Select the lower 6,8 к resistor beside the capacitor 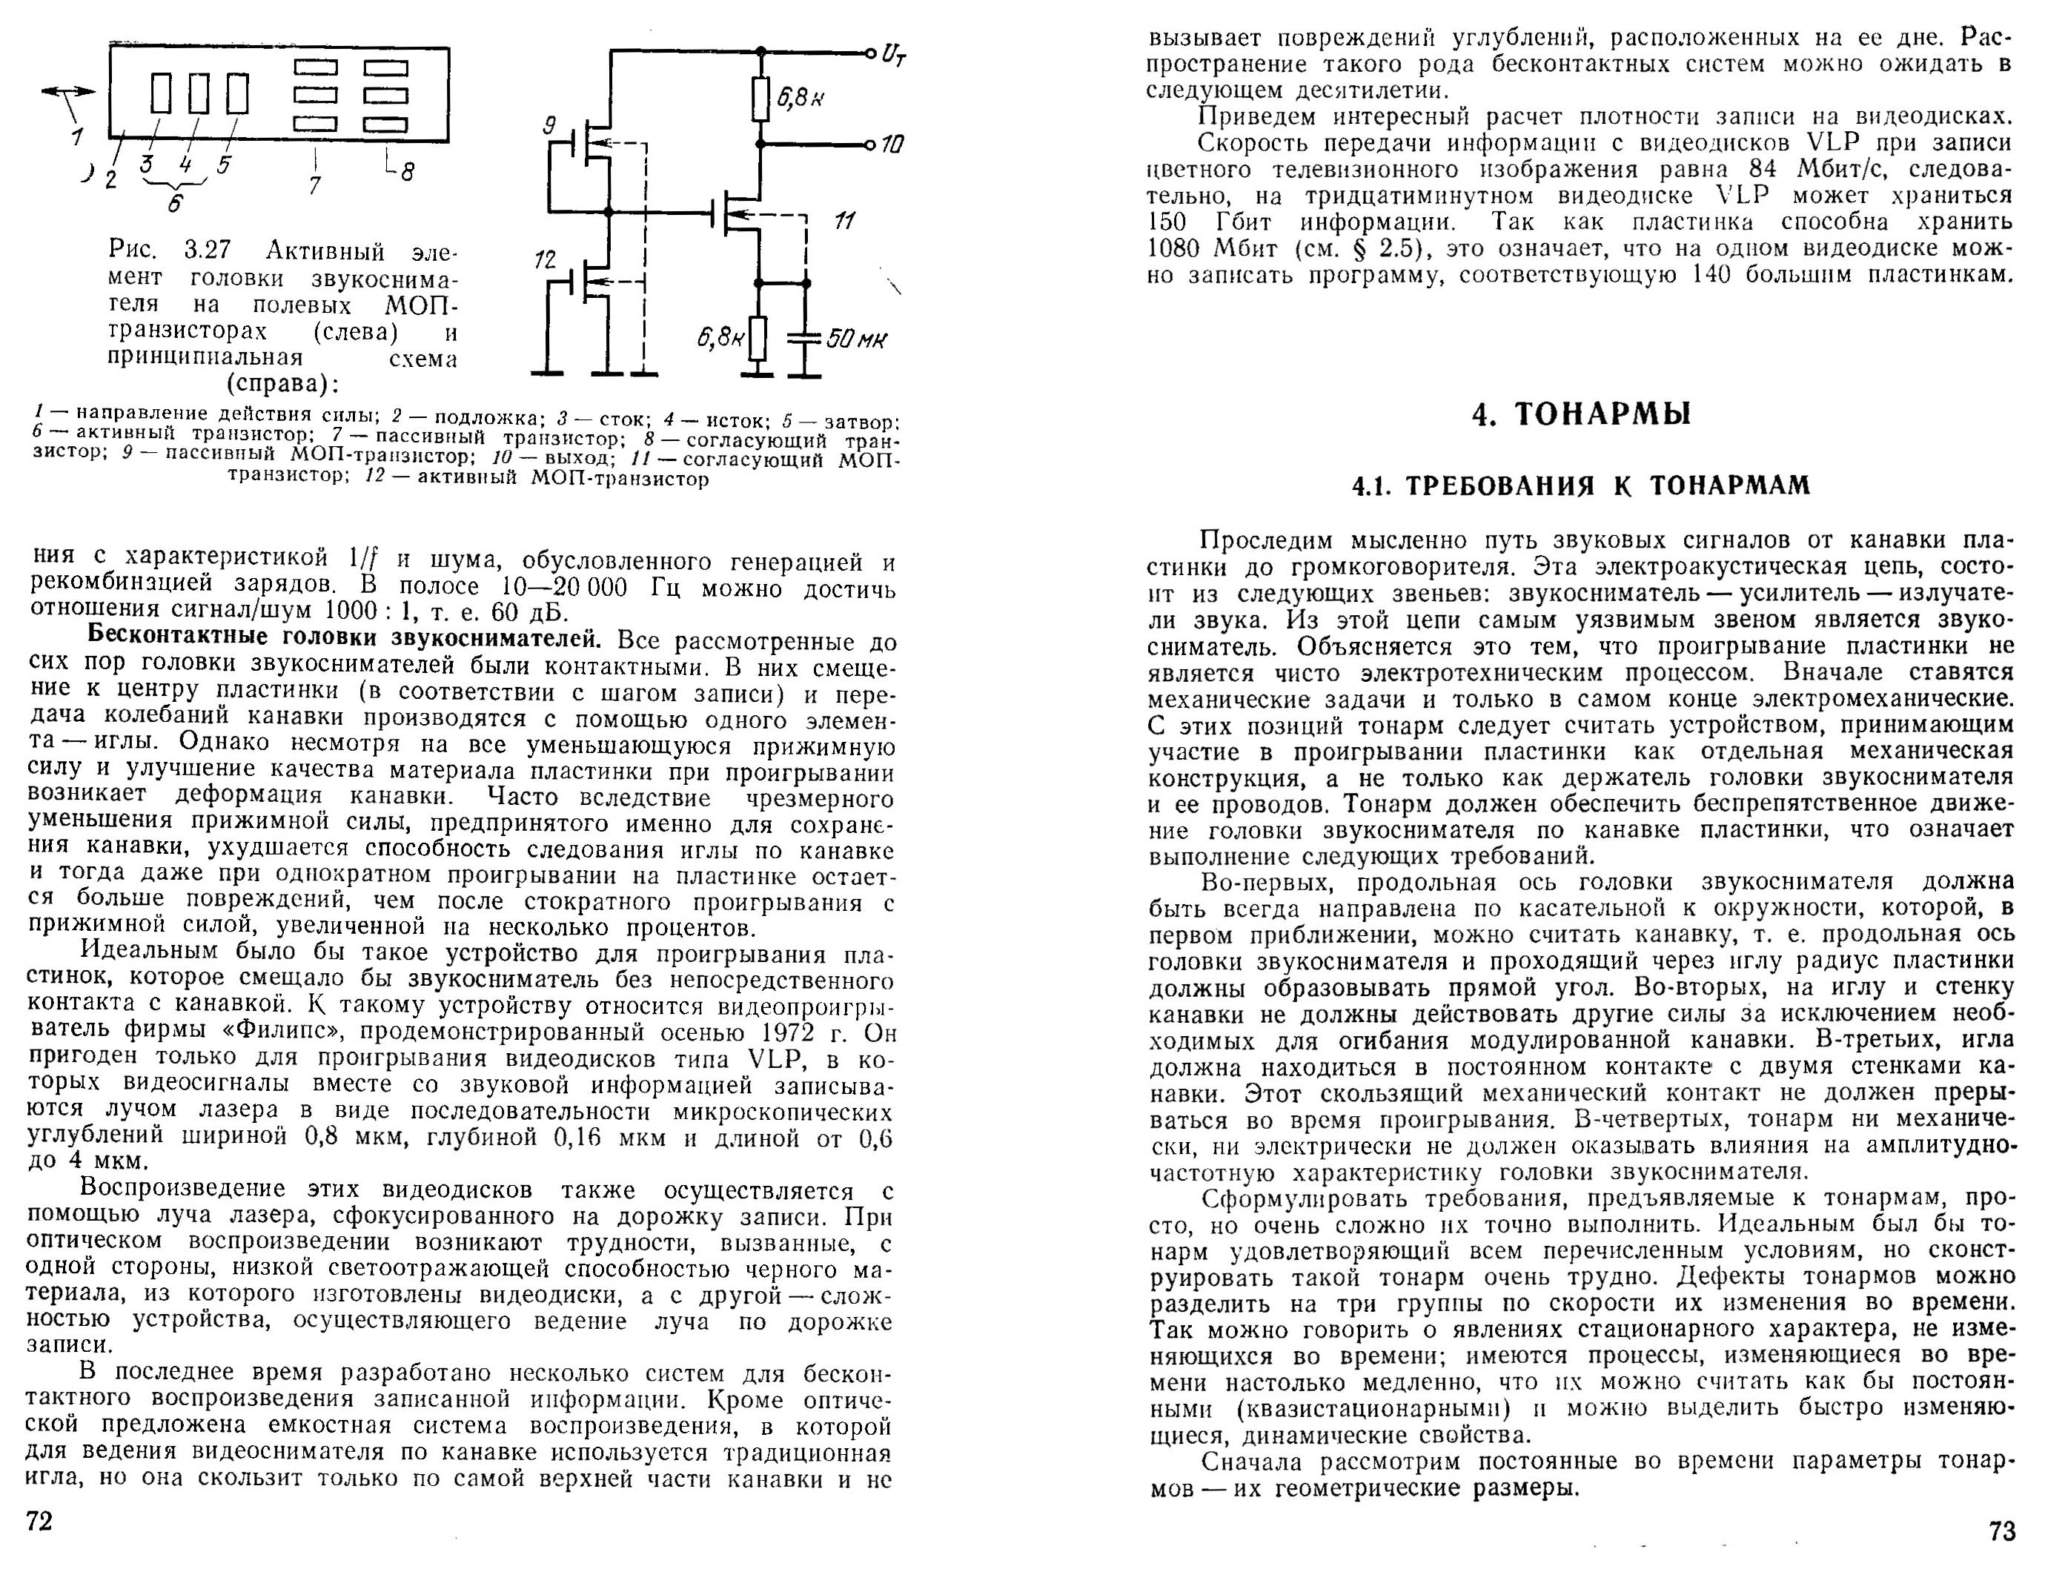tap(758, 339)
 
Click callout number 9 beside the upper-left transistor tap(549, 125)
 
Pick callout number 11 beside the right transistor tap(844, 220)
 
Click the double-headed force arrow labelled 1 tap(68, 91)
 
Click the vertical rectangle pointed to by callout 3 tap(161, 93)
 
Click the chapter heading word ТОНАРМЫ tap(1600, 414)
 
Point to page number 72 tap(39, 1522)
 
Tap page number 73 tap(2002, 1532)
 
